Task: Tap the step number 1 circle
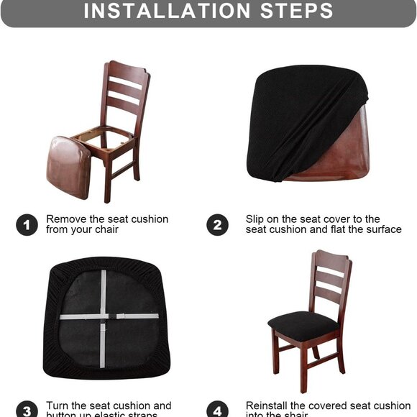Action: [x=27, y=225]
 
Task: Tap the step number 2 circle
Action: [x=218, y=225]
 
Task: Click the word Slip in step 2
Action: [x=256, y=219]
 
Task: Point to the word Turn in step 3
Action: [x=58, y=406]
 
